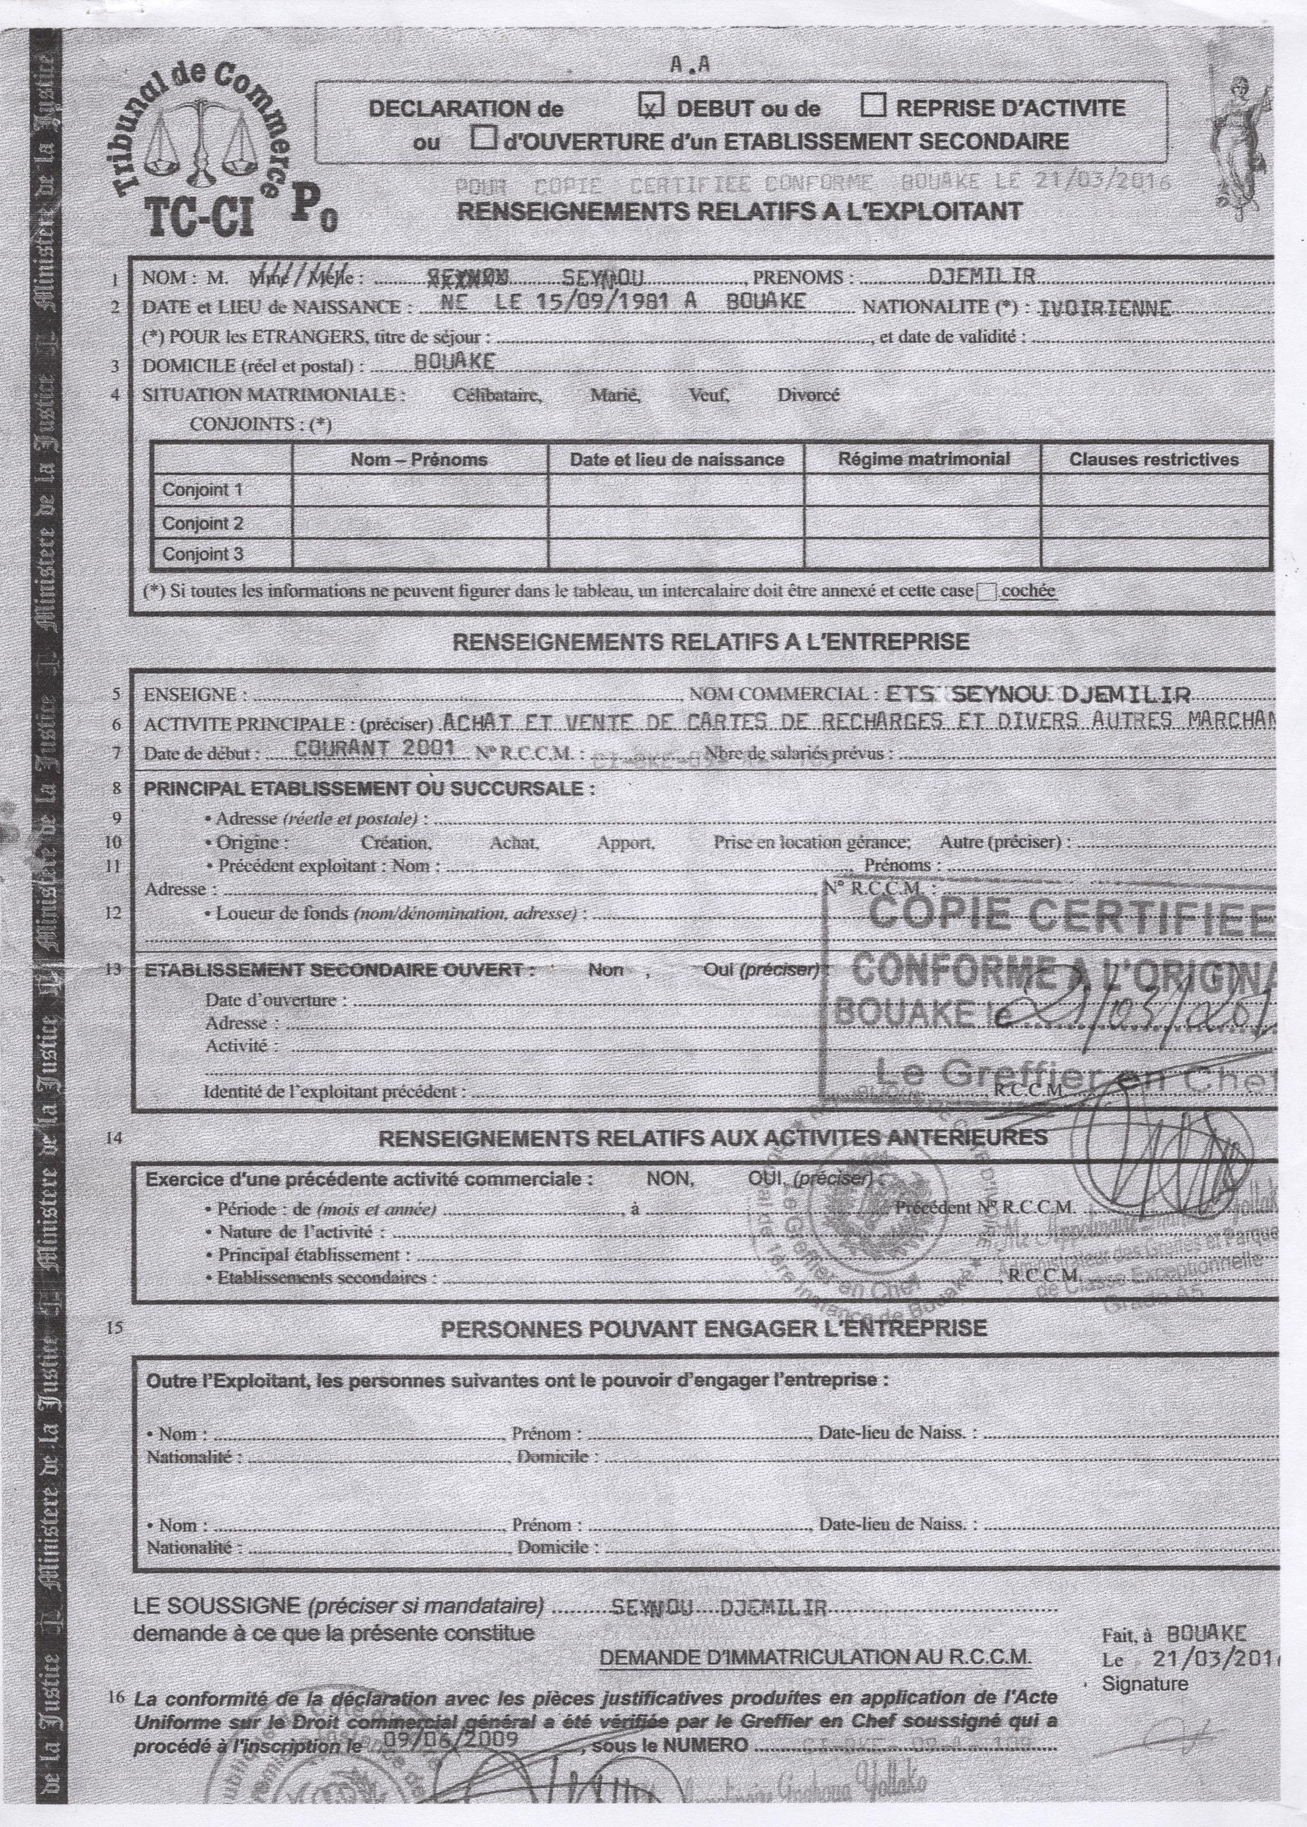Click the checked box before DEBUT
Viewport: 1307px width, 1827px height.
651,105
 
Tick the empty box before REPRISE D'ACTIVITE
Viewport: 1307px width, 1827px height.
874,105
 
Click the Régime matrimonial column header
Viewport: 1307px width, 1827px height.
922,459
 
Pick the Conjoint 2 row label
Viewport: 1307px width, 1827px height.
203,523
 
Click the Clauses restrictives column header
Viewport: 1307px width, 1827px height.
1153,460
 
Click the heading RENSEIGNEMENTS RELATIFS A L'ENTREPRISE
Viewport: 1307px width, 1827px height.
711,641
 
